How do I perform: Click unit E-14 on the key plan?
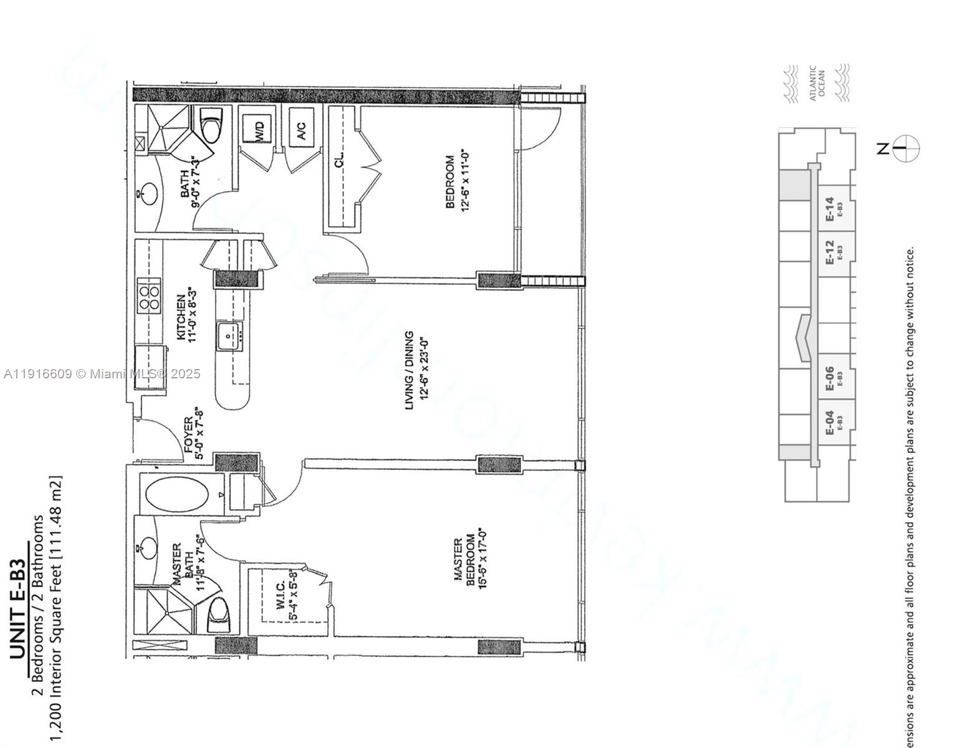pyautogui.click(x=831, y=209)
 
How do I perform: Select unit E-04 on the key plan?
pyautogui.click(x=831, y=423)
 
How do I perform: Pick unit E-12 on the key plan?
pyautogui.click(x=831, y=252)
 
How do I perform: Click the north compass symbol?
pyautogui.click(x=906, y=148)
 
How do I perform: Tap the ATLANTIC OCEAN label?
pyautogui.click(x=817, y=82)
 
